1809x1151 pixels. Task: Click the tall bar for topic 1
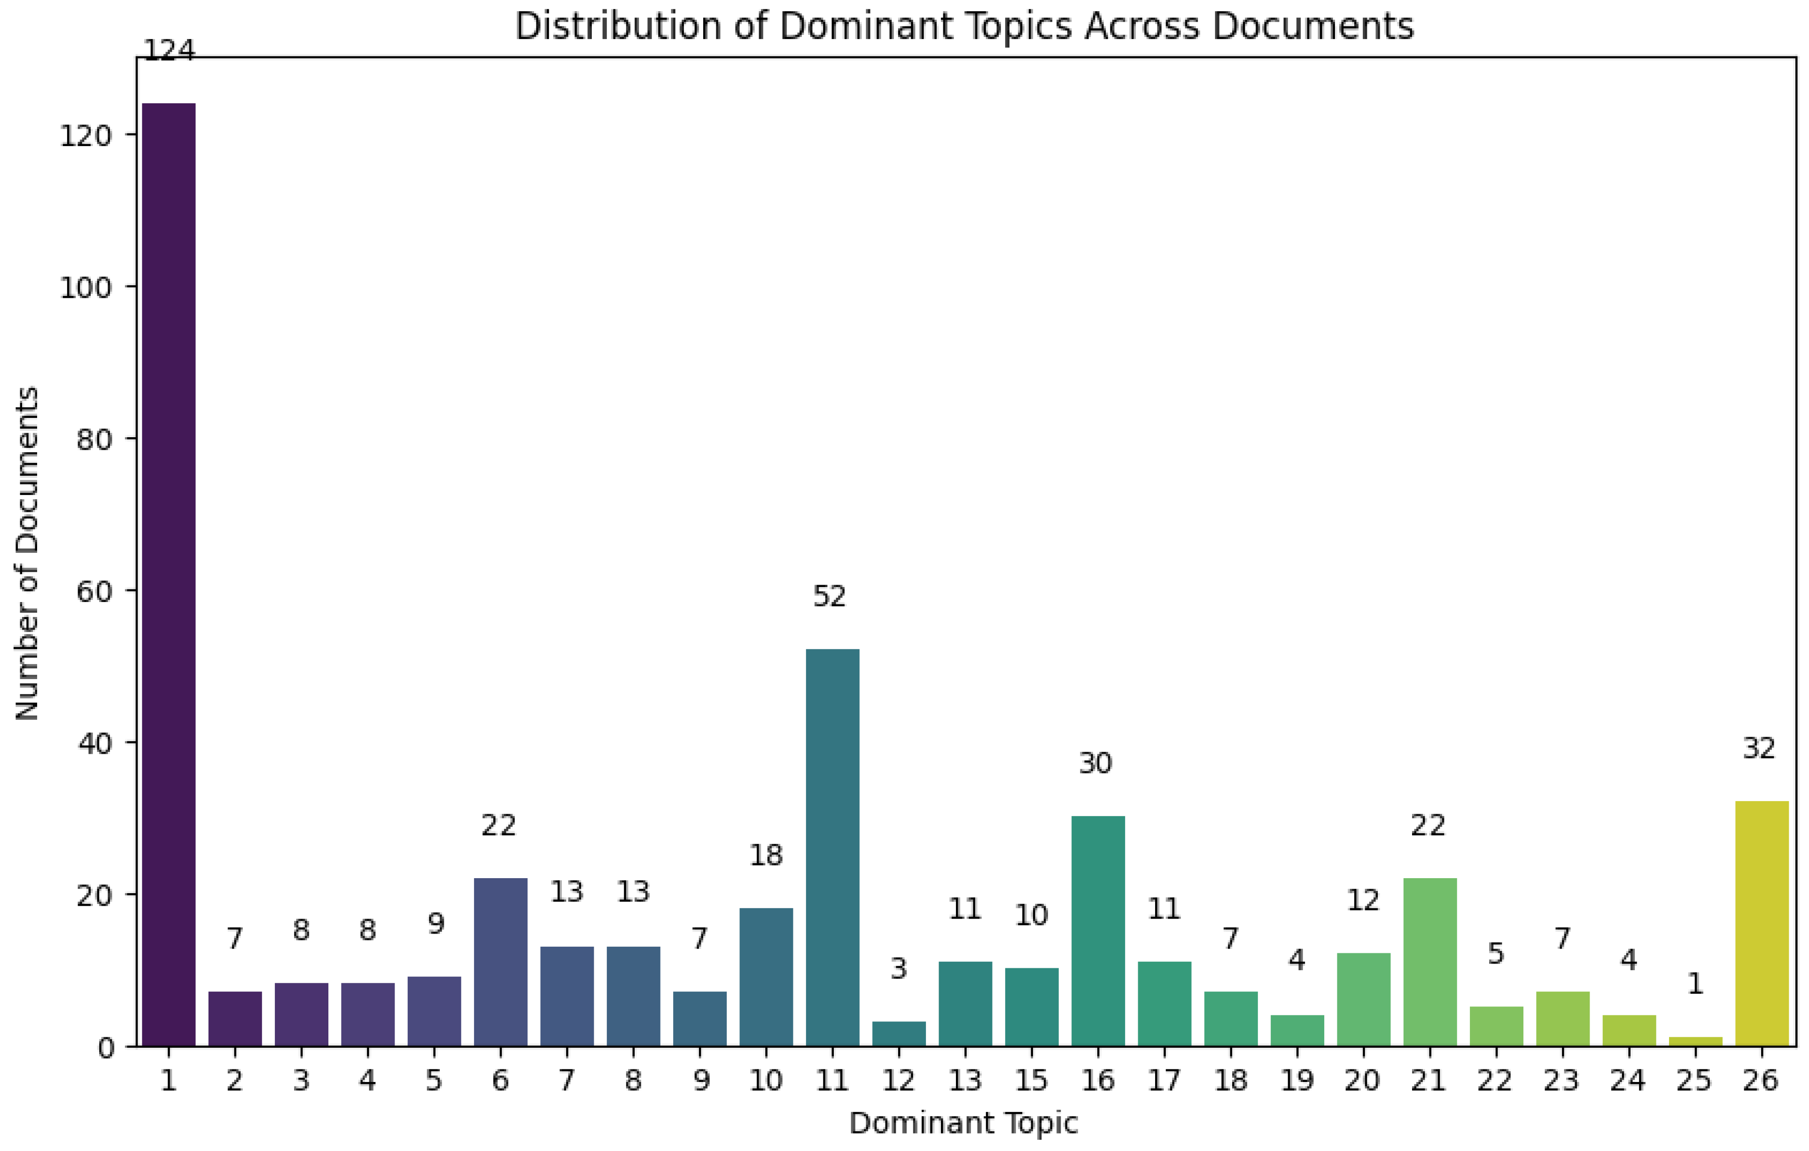pos(168,574)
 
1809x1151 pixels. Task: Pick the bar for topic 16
pos(1098,931)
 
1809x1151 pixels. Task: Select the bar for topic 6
pos(500,962)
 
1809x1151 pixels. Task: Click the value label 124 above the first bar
pos(168,50)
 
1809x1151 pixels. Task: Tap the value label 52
pos(830,596)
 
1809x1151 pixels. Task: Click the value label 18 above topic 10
pos(766,854)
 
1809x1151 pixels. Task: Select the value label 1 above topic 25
pos(1695,983)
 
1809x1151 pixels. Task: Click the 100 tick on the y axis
pos(85,287)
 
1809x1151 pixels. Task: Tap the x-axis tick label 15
pos(1032,1081)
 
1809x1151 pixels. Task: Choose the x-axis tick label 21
pos(1428,1081)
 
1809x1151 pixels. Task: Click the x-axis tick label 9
pos(700,1081)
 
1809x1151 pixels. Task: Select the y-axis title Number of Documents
pos(27,553)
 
